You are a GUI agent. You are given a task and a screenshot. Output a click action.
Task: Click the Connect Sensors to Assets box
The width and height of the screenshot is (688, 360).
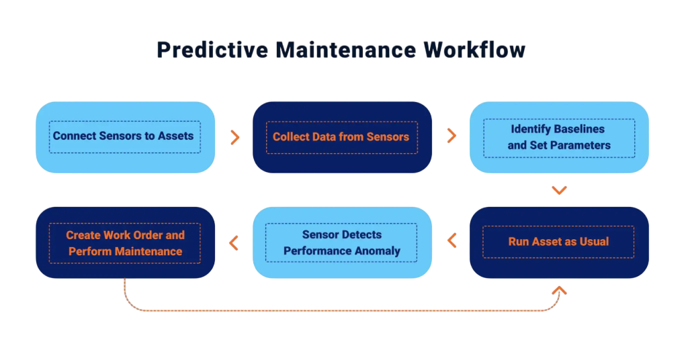(125, 137)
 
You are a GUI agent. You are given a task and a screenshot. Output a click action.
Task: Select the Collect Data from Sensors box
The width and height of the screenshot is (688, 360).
(342, 137)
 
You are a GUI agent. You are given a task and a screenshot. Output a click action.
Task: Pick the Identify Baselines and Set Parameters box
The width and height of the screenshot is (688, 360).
(559, 137)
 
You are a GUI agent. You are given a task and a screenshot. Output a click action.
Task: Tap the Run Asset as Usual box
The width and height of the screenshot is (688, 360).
(559, 242)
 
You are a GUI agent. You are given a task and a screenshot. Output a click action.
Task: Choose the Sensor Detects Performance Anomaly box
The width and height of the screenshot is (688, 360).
(342, 242)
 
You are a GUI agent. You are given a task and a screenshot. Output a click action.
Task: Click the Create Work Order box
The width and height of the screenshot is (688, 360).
(125, 242)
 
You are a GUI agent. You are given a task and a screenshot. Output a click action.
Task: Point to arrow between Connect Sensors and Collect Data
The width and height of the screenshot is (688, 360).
(234, 137)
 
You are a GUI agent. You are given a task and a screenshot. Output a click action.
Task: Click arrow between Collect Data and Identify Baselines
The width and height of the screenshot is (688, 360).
(451, 136)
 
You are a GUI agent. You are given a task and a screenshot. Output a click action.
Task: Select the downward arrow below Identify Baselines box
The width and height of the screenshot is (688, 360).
(559, 190)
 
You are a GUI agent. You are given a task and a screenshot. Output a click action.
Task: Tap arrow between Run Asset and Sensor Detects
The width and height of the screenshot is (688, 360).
(451, 241)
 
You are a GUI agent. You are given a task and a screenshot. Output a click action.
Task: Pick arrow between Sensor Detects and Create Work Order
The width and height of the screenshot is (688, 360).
(234, 242)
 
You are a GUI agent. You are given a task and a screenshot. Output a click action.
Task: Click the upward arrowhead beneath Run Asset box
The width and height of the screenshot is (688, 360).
(559, 291)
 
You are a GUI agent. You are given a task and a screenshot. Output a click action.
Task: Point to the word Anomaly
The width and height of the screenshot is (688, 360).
(378, 251)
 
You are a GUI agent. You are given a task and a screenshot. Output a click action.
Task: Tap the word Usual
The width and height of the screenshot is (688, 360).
(593, 242)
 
